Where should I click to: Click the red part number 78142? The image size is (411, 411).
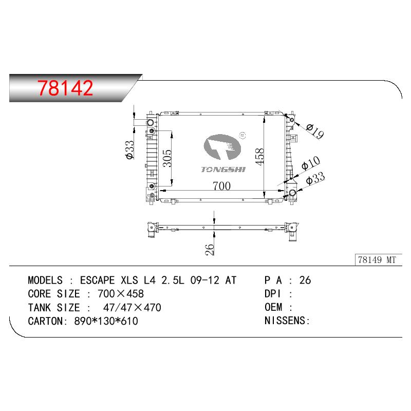(65, 88)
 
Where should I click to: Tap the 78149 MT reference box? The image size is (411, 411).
(378, 260)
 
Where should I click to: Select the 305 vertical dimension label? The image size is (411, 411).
(167, 159)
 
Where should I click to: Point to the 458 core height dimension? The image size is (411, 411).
(259, 157)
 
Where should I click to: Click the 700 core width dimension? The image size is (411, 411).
(222, 186)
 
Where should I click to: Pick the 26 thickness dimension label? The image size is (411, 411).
(210, 250)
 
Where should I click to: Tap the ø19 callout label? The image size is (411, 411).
(314, 131)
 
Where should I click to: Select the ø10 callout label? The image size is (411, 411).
(311, 163)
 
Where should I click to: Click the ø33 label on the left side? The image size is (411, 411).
(130, 150)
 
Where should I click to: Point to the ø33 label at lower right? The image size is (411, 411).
(315, 178)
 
